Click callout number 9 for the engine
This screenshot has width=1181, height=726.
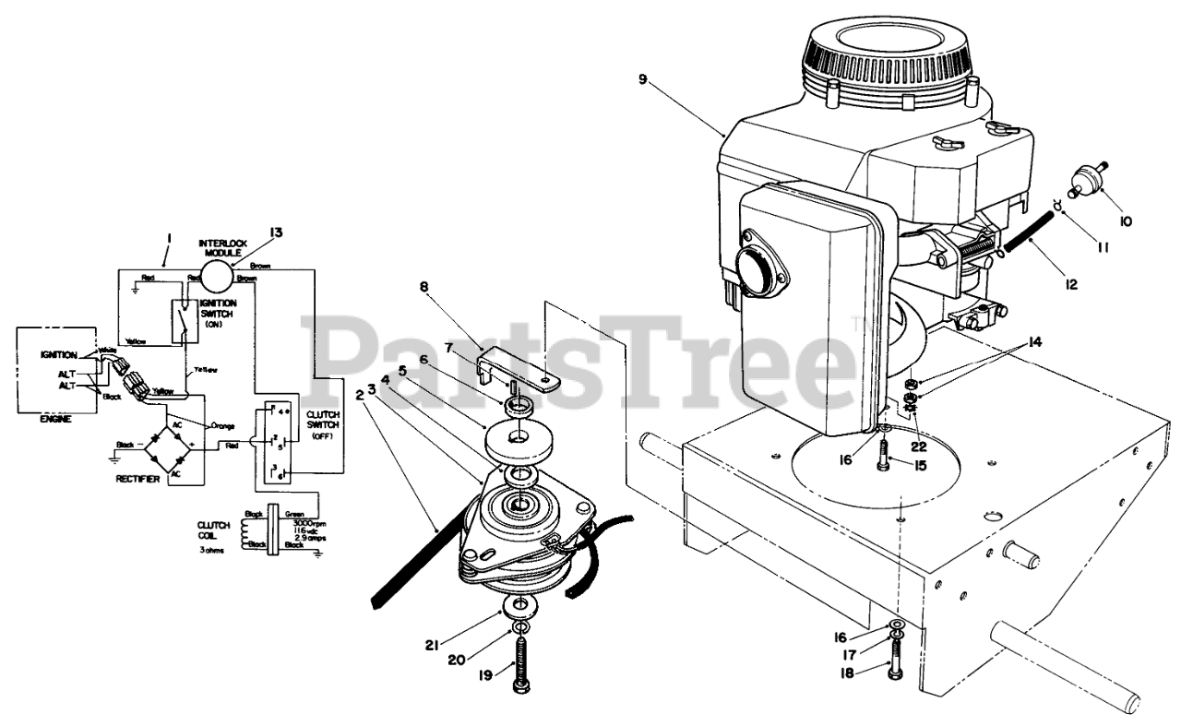(642, 78)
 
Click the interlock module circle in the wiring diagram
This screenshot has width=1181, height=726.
(219, 275)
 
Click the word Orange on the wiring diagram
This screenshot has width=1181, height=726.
(224, 426)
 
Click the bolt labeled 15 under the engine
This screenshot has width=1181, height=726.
(885, 455)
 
